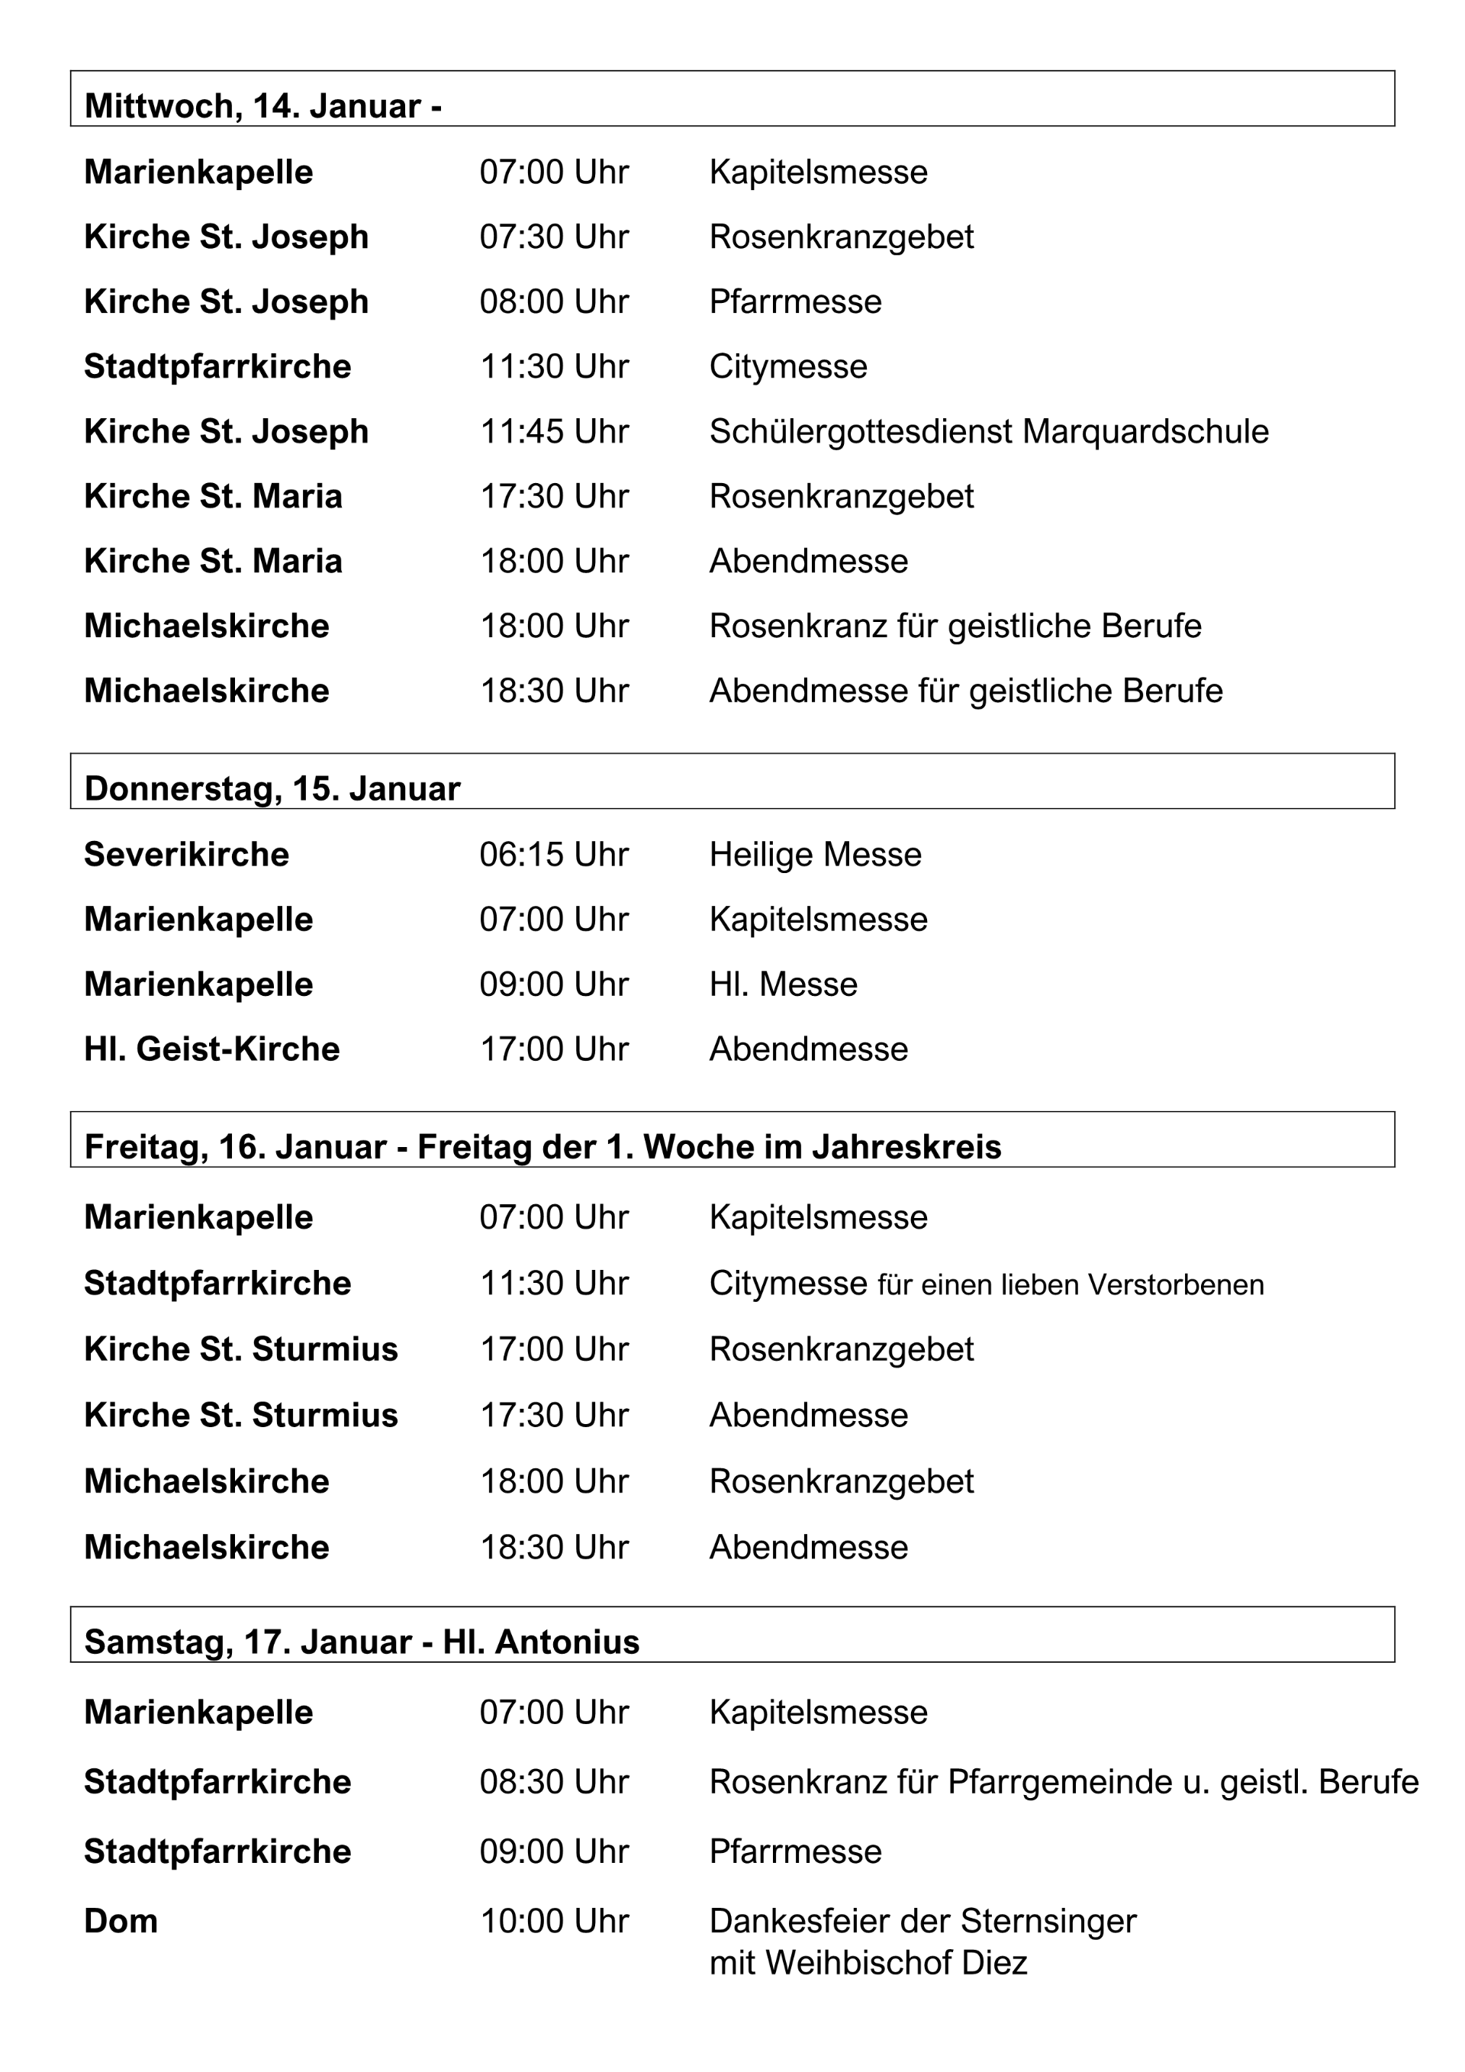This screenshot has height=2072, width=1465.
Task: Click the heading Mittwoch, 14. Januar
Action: tap(262, 107)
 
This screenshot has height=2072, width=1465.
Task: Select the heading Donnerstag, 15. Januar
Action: tap(272, 788)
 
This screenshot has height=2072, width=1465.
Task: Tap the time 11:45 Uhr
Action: tap(553, 431)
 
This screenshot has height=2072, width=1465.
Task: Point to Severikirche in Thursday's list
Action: tap(186, 855)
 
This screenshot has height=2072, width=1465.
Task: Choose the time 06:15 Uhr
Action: tap(553, 855)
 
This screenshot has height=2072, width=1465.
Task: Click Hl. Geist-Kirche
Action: tap(211, 1049)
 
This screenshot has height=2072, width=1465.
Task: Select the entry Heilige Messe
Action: tap(815, 855)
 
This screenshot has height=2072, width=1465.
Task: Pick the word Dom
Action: tap(121, 1922)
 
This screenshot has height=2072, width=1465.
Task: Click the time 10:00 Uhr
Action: tap(553, 1922)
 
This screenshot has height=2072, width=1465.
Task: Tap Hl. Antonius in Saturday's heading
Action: tap(540, 1642)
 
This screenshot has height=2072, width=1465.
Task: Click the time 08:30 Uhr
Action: tap(553, 1782)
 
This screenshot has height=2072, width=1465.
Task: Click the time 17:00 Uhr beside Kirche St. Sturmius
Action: tap(553, 1350)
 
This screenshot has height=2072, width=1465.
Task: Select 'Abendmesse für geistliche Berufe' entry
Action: tap(965, 691)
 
